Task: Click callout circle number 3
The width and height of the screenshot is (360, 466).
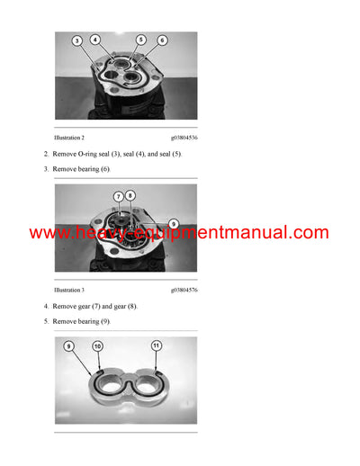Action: pyautogui.click(x=77, y=40)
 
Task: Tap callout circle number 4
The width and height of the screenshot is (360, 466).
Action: pyautogui.click(x=95, y=39)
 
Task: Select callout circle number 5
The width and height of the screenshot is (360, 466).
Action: pyautogui.click(x=141, y=39)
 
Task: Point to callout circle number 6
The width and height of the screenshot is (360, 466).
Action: pyautogui.click(x=162, y=40)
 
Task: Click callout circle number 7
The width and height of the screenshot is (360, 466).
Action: pyautogui.click(x=118, y=196)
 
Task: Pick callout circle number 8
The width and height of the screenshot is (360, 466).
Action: pyautogui.click(x=130, y=195)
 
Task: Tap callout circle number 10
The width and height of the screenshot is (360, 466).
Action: pyautogui.click(x=97, y=346)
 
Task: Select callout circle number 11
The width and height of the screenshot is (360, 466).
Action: pyautogui.click(x=156, y=345)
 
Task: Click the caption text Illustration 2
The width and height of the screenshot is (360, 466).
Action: pyautogui.click(x=69, y=138)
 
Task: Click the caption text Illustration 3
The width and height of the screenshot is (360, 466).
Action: pyautogui.click(x=69, y=291)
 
